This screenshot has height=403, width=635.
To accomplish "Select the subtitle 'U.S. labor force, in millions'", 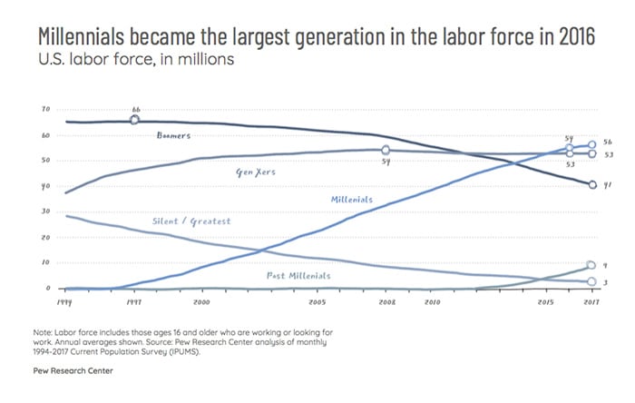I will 123,61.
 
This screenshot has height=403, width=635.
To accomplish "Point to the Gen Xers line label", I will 256,170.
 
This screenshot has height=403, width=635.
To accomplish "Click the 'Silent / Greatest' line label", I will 191,221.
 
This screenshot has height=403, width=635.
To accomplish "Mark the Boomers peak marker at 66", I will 135,120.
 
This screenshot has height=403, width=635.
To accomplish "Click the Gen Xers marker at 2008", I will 386,151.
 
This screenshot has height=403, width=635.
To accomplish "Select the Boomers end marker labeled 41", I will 591,184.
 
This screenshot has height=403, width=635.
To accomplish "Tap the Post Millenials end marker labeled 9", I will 591,265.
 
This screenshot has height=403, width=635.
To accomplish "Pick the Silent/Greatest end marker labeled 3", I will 591,282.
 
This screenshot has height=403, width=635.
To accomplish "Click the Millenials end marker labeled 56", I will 591,144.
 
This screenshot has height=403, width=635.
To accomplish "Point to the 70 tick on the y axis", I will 45,110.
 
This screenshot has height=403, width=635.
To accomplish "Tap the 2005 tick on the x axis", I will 317,300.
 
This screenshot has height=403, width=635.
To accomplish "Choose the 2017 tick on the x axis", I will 591,300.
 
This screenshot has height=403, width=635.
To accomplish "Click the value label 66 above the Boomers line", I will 136,109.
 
